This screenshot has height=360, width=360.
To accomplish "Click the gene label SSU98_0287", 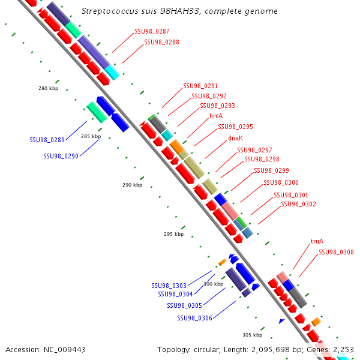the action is coord(152,31).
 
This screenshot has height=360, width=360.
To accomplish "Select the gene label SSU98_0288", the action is coord(161,43).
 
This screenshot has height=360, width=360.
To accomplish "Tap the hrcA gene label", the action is coord(216,116).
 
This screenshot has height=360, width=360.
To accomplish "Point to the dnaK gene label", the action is coord(235,138).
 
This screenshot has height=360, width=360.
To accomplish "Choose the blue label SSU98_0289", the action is coord(47,140).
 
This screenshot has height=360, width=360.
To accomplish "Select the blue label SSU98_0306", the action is coord(194,318).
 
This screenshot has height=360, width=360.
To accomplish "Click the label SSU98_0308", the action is coord(336,253).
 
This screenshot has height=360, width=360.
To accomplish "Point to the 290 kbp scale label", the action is coord(132,185).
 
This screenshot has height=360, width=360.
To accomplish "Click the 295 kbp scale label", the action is coord(173,234).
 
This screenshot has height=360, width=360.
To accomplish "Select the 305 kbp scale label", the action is coord(252,335).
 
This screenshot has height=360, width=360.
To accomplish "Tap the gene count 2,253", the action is coord(342,349).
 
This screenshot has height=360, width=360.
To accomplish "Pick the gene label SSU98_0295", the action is coord(235,127).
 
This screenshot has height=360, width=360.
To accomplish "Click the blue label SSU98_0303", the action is coord(169,286).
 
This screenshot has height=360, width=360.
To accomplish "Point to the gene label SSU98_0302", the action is coord(298,205).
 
